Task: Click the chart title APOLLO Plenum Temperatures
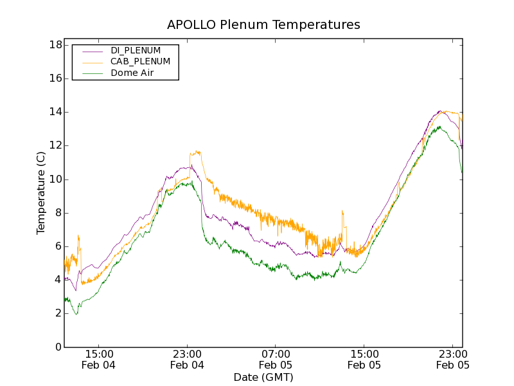[x=263, y=25]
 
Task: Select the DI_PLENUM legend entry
[x=136, y=50]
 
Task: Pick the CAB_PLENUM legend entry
[x=140, y=62]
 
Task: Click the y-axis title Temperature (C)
[x=41, y=193]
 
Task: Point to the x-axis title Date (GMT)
[x=263, y=377]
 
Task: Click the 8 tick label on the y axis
[x=58, y=213]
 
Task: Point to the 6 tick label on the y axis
[x=58, y=246]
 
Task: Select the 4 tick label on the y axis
[x=58, y=280]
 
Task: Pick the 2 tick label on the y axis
[x=58, y=313]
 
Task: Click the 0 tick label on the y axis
[x=58, y=347]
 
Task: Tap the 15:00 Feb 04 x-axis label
[x=99, y=360]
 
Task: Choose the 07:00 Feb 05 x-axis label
[x=276, y=360]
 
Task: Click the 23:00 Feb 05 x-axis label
[x=453, y=360]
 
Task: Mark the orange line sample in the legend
[x=91, y=62]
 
